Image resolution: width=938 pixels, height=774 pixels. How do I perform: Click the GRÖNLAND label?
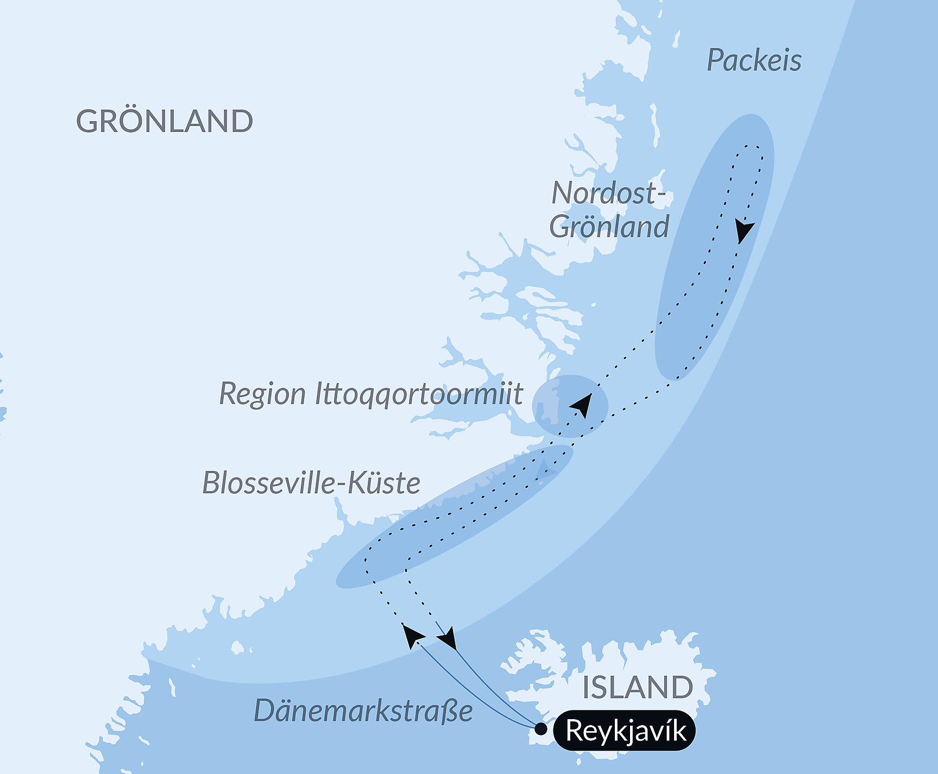coord(165,121)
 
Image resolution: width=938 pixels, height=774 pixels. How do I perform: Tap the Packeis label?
coord(754,60)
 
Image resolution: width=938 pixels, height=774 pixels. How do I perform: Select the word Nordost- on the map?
coord(608,193)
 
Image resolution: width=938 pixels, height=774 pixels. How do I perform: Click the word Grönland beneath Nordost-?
coord(609,226)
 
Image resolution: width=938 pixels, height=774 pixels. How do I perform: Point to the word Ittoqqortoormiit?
coord(419,394)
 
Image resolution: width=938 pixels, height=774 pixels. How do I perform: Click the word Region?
coord(262,394)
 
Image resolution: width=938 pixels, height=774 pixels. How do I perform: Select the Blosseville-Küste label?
coord(311,483)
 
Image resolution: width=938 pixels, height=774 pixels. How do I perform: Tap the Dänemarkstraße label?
coord(363,711)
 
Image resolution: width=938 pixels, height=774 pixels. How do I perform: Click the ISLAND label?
coord(637,688)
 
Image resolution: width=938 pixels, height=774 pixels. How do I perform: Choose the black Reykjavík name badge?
coord(625,731)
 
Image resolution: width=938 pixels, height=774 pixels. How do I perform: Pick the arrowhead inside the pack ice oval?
coord(744,231)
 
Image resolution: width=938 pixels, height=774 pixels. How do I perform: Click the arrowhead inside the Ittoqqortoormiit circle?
coord(583,404)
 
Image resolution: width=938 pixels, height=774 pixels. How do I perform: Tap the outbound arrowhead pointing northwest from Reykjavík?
coord(412,635)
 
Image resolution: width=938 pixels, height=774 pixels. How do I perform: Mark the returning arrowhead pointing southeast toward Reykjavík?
coord(448,639)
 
